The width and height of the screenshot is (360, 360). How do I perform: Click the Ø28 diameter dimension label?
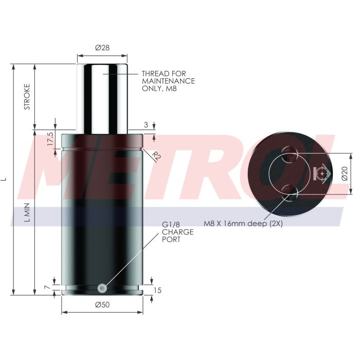[x=102, y=48]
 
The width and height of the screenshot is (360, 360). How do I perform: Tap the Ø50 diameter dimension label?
[x=102, y=305]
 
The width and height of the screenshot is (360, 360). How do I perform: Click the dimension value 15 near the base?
[x=157, y=291]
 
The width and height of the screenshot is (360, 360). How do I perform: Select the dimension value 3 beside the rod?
[x=146, y=124]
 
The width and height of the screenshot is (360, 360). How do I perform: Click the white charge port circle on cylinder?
[x=102, y=289]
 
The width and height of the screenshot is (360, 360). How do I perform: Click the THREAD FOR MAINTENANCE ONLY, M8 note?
[x=168, y=81]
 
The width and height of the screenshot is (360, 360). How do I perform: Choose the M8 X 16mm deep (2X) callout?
[x=243, y=224]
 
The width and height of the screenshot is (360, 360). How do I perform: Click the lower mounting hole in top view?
[x=291, y=194]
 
